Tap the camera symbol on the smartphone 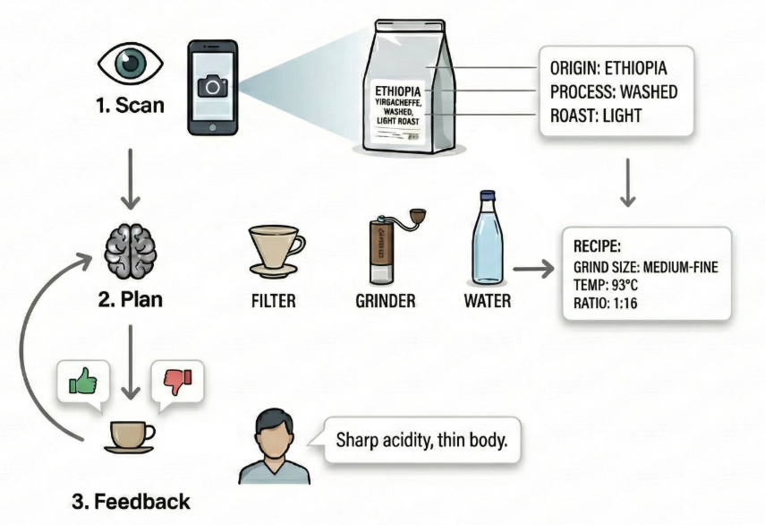click(213, 87)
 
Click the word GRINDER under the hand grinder click(385, 301)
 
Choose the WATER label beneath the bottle click(487, 301)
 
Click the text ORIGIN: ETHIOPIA click(609, 69)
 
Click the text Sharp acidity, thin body click(422, 441)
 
